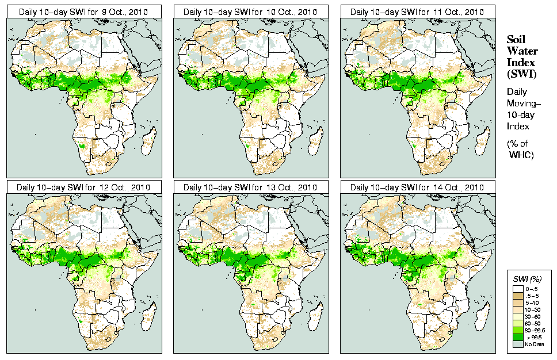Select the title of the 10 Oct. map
(251, 12)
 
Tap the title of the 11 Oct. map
(418, 12)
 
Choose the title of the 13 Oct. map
(251, 187)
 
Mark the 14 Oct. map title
(418, 187)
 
